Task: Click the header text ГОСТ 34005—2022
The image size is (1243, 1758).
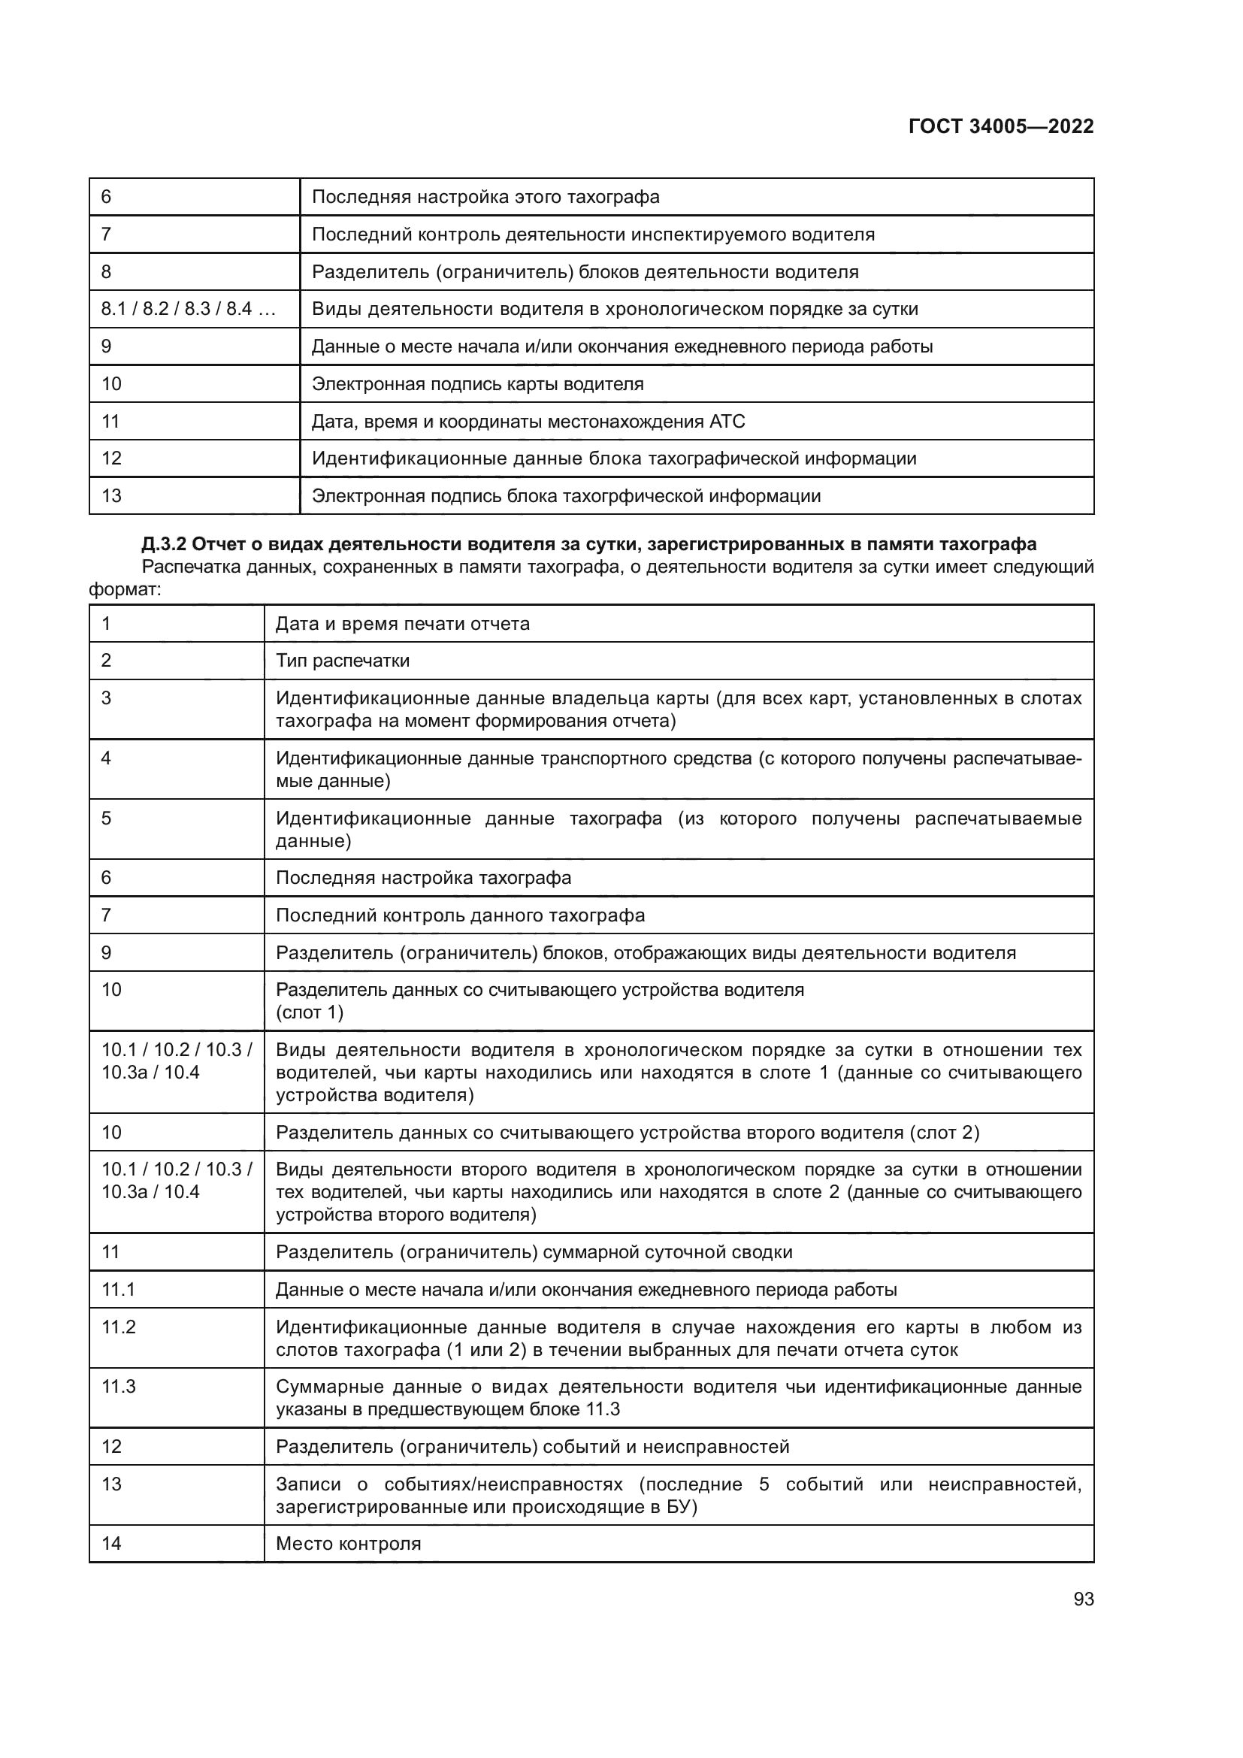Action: [x=1000, y=126]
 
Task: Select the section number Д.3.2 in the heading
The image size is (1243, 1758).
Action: [x=163, y=544]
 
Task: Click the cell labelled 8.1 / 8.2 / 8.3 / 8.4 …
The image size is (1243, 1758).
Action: [x=189, y=310]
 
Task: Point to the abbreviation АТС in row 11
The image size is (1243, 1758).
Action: [x=727, y=422]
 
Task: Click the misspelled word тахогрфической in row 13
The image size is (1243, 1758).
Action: [x=628, y=496]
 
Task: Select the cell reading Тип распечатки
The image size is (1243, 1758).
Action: [x=342, y=661]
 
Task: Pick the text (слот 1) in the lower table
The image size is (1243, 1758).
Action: [x=309, y=1013]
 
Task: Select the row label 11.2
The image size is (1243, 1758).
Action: [x=119, y=1327]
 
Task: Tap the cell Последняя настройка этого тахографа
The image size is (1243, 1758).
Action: [x=485, y=198]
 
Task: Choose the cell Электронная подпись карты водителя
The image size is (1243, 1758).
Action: [x=478, y=384]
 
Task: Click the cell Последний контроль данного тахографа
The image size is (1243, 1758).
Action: [x=460, y=915]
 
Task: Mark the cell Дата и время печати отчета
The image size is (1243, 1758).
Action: [x=403, y=624]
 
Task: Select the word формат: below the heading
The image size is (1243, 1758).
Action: [x=126, y=590]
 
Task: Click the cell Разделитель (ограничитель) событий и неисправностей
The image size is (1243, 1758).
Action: [x=532, y=1447]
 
